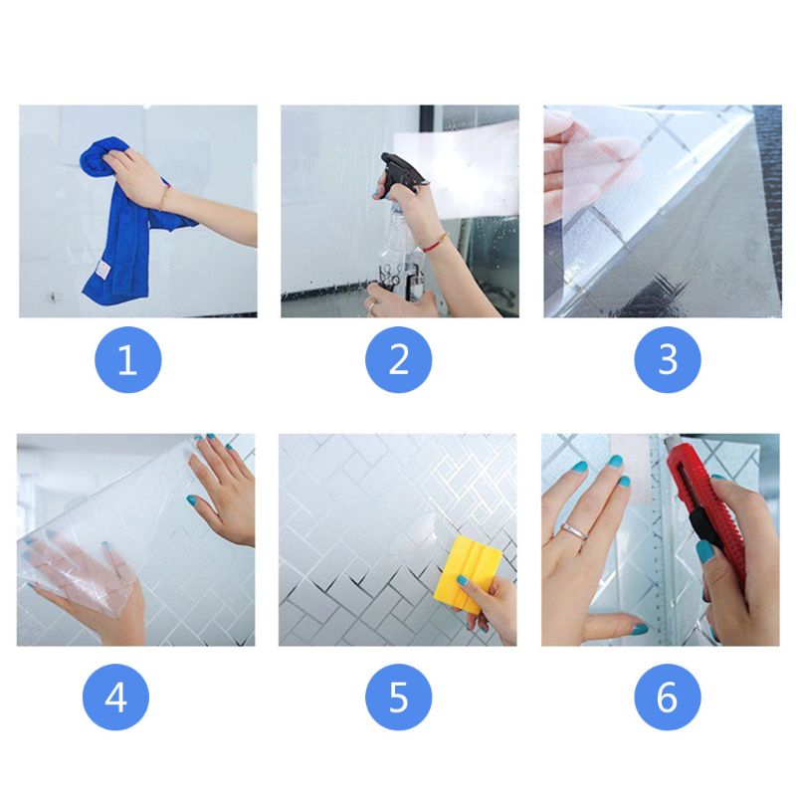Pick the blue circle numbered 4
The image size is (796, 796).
pos(115,696)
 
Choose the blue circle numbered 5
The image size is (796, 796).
pos(398,696)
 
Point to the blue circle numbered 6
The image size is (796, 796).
pos(668,696)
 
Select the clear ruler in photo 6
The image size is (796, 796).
pos(660,557)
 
